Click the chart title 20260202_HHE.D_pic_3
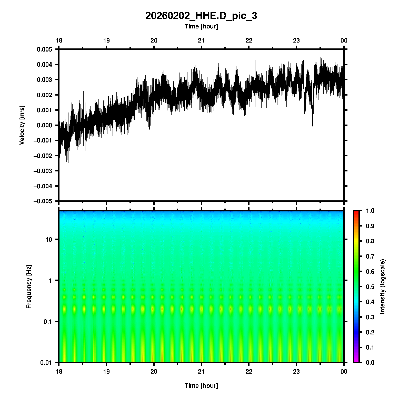201,16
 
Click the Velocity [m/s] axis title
22,125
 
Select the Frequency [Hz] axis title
29,287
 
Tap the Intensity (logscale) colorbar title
383,286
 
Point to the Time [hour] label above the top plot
201,26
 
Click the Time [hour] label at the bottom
201,386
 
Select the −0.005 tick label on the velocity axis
43,201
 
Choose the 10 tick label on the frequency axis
49,240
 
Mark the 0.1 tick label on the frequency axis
47,322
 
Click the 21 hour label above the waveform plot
201,40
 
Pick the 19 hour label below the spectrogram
106,372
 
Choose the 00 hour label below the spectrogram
344,372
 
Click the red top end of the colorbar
356,212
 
